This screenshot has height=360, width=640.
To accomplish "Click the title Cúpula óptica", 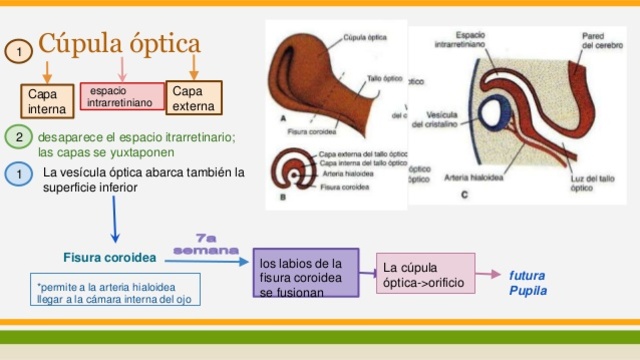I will (119, 45).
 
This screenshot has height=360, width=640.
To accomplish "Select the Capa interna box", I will (46, 101).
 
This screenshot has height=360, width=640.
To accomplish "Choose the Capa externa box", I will (192, 97).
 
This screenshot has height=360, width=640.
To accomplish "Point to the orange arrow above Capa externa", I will (194, 68).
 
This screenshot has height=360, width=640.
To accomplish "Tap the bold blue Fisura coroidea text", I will (110, 257).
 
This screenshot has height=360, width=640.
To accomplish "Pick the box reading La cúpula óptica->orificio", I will (424, 275).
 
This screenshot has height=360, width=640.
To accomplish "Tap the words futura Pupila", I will (527, 282).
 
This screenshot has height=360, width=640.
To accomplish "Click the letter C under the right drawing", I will (463, 192).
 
